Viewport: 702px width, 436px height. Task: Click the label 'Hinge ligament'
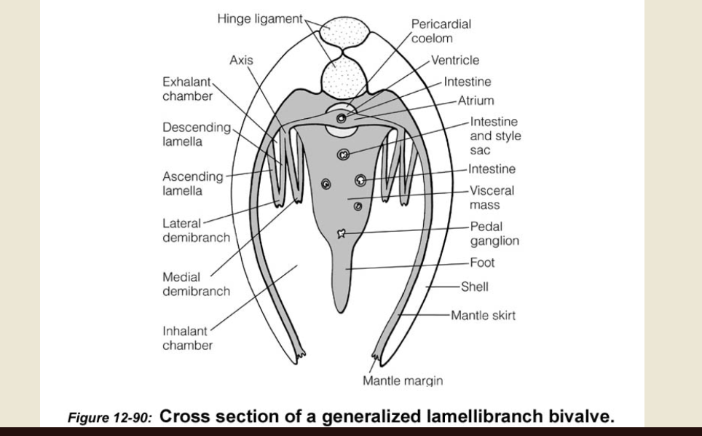259,19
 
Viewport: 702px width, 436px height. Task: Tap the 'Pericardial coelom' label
441,31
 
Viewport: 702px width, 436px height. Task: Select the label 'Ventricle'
455,61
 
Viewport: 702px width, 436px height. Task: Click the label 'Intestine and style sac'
495,136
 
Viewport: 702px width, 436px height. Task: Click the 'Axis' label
241,61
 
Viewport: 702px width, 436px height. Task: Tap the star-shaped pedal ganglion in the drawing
340,234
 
